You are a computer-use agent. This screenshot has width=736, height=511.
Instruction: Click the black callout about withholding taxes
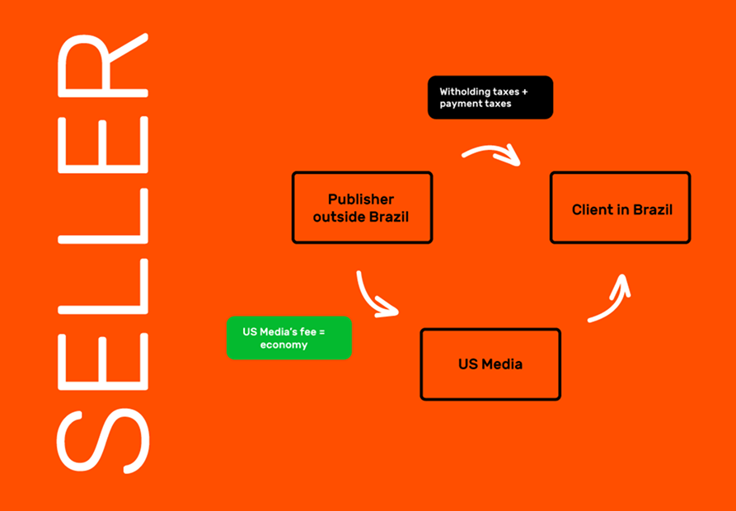pyautogui.click(x=490, y=98)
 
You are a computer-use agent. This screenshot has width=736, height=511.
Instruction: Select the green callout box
pyautogui.click(x=289, y=338)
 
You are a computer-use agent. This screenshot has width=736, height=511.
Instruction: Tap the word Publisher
pyautogui.click(x=361, y=199)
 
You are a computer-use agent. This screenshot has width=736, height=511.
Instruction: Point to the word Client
pyautogui.click(x=593, y=209)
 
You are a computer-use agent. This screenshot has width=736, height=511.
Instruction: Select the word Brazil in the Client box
pyautogui.click(x=653, y=209)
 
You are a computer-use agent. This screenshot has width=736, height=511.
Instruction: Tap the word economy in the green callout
pyautogui.click(x=284, y=345)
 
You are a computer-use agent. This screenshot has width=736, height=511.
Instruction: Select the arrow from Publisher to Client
pyautogui.click(x=492, y=153)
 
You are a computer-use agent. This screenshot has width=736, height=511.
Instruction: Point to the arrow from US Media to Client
pyautogui.click(x=611, y=298)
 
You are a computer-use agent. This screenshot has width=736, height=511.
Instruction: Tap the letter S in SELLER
pyautogui.click(x=103, y=439)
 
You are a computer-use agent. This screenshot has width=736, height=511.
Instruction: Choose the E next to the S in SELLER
pyautogui.click(x=103, y=354)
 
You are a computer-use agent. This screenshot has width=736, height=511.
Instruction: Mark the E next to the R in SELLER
pyautogui.click(x=103, y=147)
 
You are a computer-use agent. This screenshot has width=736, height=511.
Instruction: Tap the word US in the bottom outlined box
pyautogui.click(x=468, y=364)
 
